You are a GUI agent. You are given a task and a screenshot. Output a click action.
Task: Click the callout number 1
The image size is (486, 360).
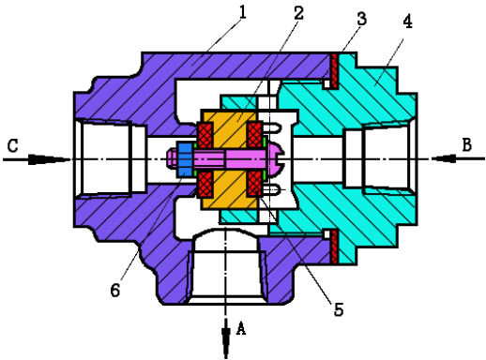pos(242,13)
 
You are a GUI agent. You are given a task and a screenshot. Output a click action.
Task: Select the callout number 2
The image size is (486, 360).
pos(298,13)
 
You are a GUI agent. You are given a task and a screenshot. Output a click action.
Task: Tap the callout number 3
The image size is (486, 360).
pos(361,19)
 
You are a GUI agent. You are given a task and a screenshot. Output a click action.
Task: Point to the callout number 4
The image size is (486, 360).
pos(407,22)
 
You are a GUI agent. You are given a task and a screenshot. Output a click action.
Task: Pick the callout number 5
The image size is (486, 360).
pos(339,309)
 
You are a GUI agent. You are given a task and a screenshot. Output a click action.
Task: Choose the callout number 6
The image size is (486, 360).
pos(115,290)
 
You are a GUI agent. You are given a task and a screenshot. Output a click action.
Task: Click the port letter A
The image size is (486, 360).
pos(240,328)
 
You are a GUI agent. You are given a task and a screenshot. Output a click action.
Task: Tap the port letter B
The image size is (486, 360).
pos(466,145)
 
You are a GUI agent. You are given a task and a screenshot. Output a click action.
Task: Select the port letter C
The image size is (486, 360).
pos(13,145)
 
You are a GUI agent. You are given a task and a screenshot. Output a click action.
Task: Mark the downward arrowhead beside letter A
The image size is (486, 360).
pos(225,339)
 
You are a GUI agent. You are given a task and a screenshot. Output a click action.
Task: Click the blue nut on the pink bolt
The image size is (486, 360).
pos(185,158)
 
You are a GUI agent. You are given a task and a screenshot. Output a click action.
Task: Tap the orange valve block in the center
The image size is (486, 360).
pos(230,159)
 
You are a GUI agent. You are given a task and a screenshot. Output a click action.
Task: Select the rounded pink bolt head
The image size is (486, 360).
pos(274,158)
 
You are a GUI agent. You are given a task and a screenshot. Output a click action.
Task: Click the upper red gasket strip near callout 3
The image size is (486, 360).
pos(334,71)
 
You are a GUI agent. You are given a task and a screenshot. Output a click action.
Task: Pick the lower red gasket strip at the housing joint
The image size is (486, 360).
pos(334,247)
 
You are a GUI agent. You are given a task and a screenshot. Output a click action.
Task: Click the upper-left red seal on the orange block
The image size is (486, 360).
pos(205,135)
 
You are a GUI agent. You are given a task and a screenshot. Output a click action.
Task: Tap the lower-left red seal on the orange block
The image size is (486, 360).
pos(205,184)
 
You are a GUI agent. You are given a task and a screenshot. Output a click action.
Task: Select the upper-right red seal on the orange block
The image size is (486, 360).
pos(255,135)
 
